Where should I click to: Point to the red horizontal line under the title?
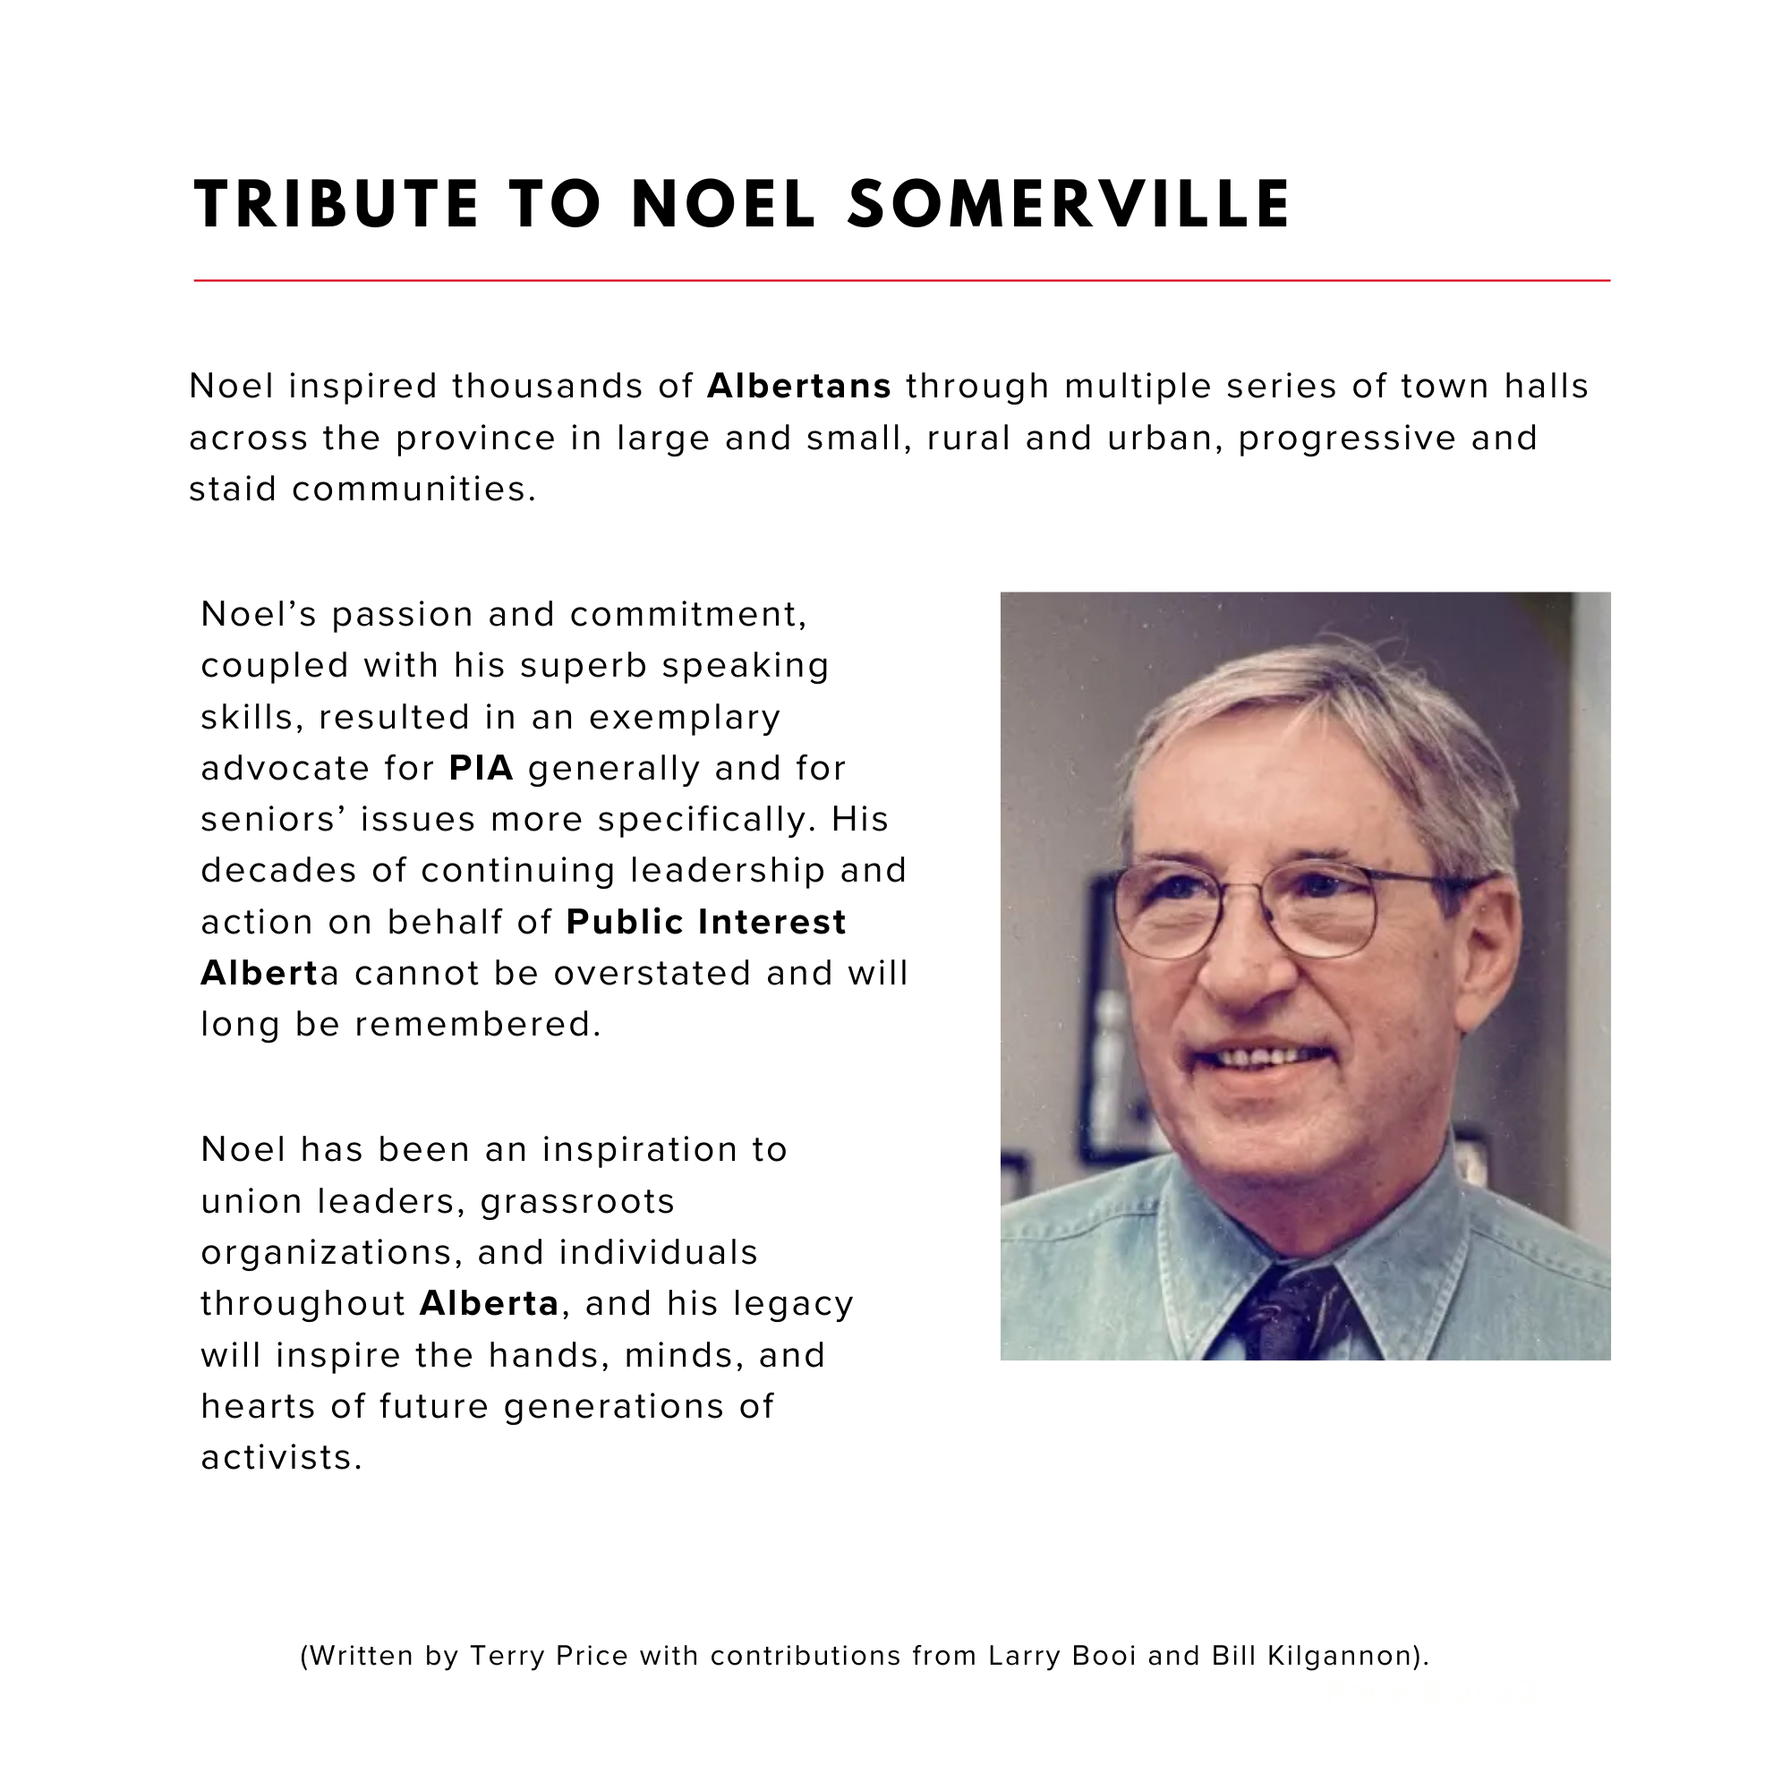point(900,280)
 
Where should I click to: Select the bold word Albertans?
point(798,387)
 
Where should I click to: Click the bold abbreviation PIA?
point(481,768)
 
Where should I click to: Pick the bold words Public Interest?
point(706,922)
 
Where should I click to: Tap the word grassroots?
point(578,1202)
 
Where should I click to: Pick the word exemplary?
point(685,717)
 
